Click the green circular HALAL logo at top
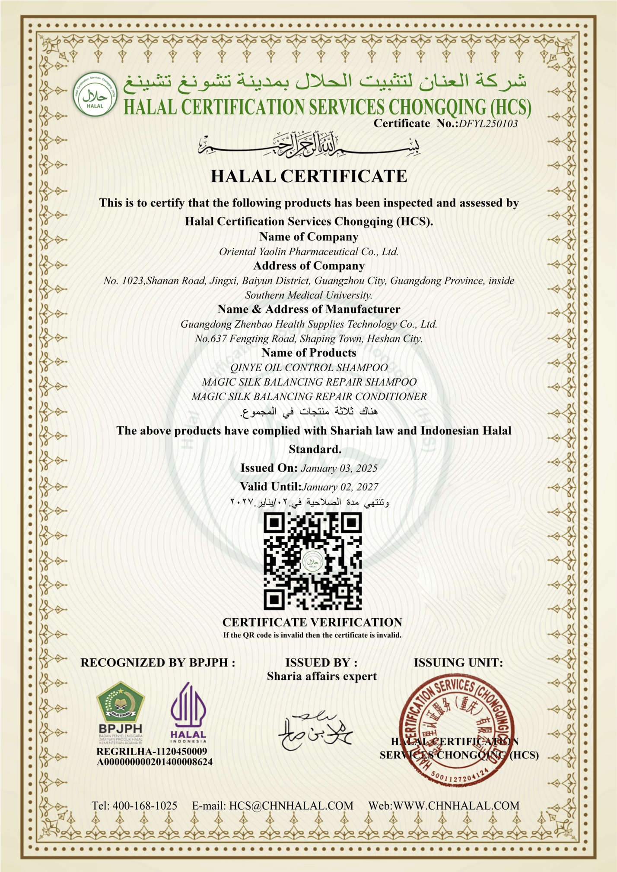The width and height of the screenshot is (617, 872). (x=95, y=95)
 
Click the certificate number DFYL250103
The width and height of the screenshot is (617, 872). (x=488, y=124)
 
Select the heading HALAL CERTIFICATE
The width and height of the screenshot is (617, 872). (x=309, y=176)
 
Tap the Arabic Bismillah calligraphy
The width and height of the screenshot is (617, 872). (x=309, y=144)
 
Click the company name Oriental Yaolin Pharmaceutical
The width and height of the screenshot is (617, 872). (x=308, y=252)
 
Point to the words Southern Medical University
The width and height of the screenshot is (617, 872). (x=308, y=295)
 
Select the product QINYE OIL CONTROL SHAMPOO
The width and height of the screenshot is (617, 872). (x=309, y=368)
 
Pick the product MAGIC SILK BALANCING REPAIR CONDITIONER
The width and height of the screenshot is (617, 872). (x=309, y=397)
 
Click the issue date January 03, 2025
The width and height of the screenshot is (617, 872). (x=339, y=468)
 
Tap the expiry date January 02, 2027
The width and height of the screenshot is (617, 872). (x=340, y=487)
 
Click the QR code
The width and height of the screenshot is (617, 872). (x=312, y=561)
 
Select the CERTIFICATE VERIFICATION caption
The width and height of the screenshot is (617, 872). (x=312, y=622)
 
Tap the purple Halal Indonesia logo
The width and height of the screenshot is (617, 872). (x=188, y=708)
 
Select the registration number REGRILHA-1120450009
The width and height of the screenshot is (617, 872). (x=152, y=752)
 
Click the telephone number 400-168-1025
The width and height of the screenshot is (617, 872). (x=145, y=806)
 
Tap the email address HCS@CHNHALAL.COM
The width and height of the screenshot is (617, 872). (x=291, y=806)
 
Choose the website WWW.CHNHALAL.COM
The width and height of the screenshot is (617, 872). (x=456, y=806)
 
